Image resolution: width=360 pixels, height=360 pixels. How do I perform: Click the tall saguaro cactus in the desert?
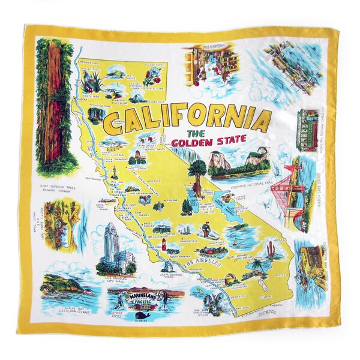tap(273, 246)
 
